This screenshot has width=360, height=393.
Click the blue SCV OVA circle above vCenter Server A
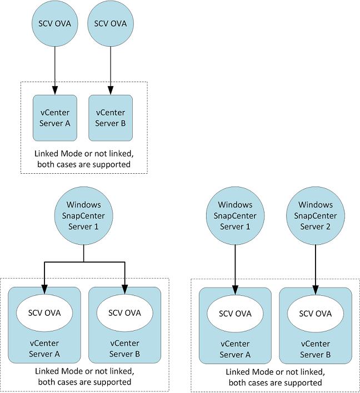(54, 24)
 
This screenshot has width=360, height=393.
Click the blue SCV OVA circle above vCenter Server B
(110, 24)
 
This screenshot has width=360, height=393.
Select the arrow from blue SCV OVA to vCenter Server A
(54, 69)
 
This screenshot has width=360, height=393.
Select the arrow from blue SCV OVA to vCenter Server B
(110, 69)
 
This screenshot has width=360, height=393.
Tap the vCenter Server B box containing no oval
(111, 118)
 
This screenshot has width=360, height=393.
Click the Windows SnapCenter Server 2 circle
(316, 215)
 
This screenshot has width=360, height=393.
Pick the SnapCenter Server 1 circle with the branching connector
(83, 215)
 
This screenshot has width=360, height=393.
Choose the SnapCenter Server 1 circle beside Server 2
(235, 215)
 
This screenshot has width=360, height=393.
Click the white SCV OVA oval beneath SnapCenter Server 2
(316, 314)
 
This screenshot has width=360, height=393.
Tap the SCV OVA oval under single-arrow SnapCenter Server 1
(235, 314)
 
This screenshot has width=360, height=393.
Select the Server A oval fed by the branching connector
(44, 313)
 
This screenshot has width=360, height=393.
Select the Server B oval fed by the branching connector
(124, 313)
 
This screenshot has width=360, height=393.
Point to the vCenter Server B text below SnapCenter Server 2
(316, 350)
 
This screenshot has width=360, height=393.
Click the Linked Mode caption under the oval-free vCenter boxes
(83, 159)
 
